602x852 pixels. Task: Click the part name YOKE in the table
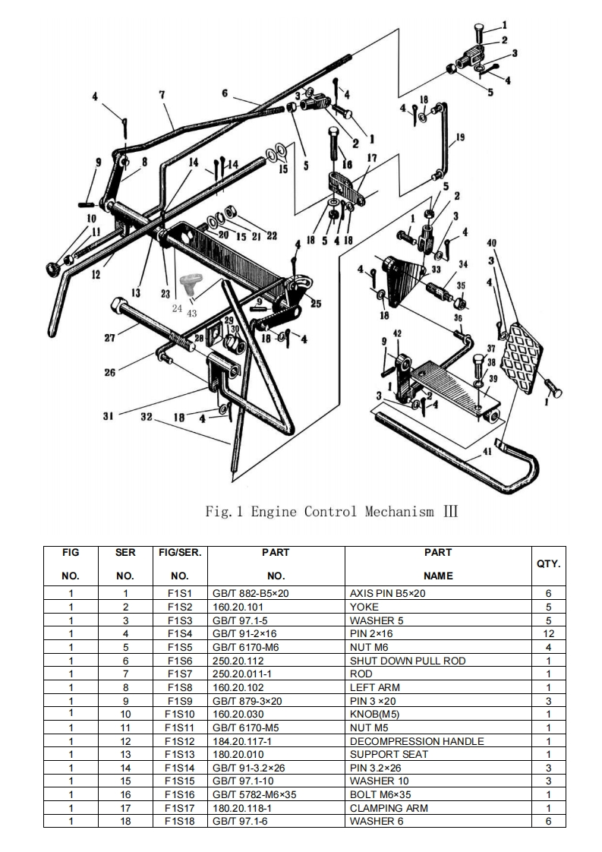click(x=364, y=607)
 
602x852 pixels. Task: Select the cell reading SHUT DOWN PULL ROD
click(x=408, y=661)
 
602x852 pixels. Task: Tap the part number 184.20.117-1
click(x=250, y=741)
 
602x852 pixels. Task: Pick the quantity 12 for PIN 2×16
click(x=549, y=633)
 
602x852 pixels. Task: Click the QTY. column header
click(x=549, y=563)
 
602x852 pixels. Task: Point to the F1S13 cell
click(x=180, y=754)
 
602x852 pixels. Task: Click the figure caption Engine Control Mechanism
click(x=332, y=511)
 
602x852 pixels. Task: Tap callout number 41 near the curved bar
click(x=487, y=450)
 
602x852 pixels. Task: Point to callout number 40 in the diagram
click(x=492, y=243)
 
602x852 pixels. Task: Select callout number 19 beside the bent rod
click(x=459, y=137)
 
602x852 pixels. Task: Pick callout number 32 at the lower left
click(x=146, y=417)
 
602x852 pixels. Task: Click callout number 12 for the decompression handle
click(x=96, y=274)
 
